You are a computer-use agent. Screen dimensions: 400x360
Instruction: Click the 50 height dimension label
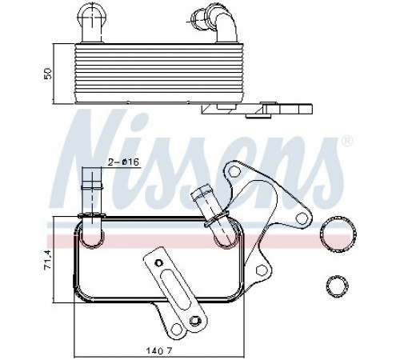pos(48,74)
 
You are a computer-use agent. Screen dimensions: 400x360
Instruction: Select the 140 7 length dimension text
pos(159,350)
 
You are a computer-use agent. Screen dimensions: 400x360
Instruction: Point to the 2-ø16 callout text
pos(123,162)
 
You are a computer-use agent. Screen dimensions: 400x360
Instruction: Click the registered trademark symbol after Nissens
pos(347,141)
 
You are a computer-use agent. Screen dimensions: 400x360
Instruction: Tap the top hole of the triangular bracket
pos(234,170)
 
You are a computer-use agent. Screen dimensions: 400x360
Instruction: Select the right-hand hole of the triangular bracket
pos(302,218)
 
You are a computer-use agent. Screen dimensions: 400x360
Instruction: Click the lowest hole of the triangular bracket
pos(262,270)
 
